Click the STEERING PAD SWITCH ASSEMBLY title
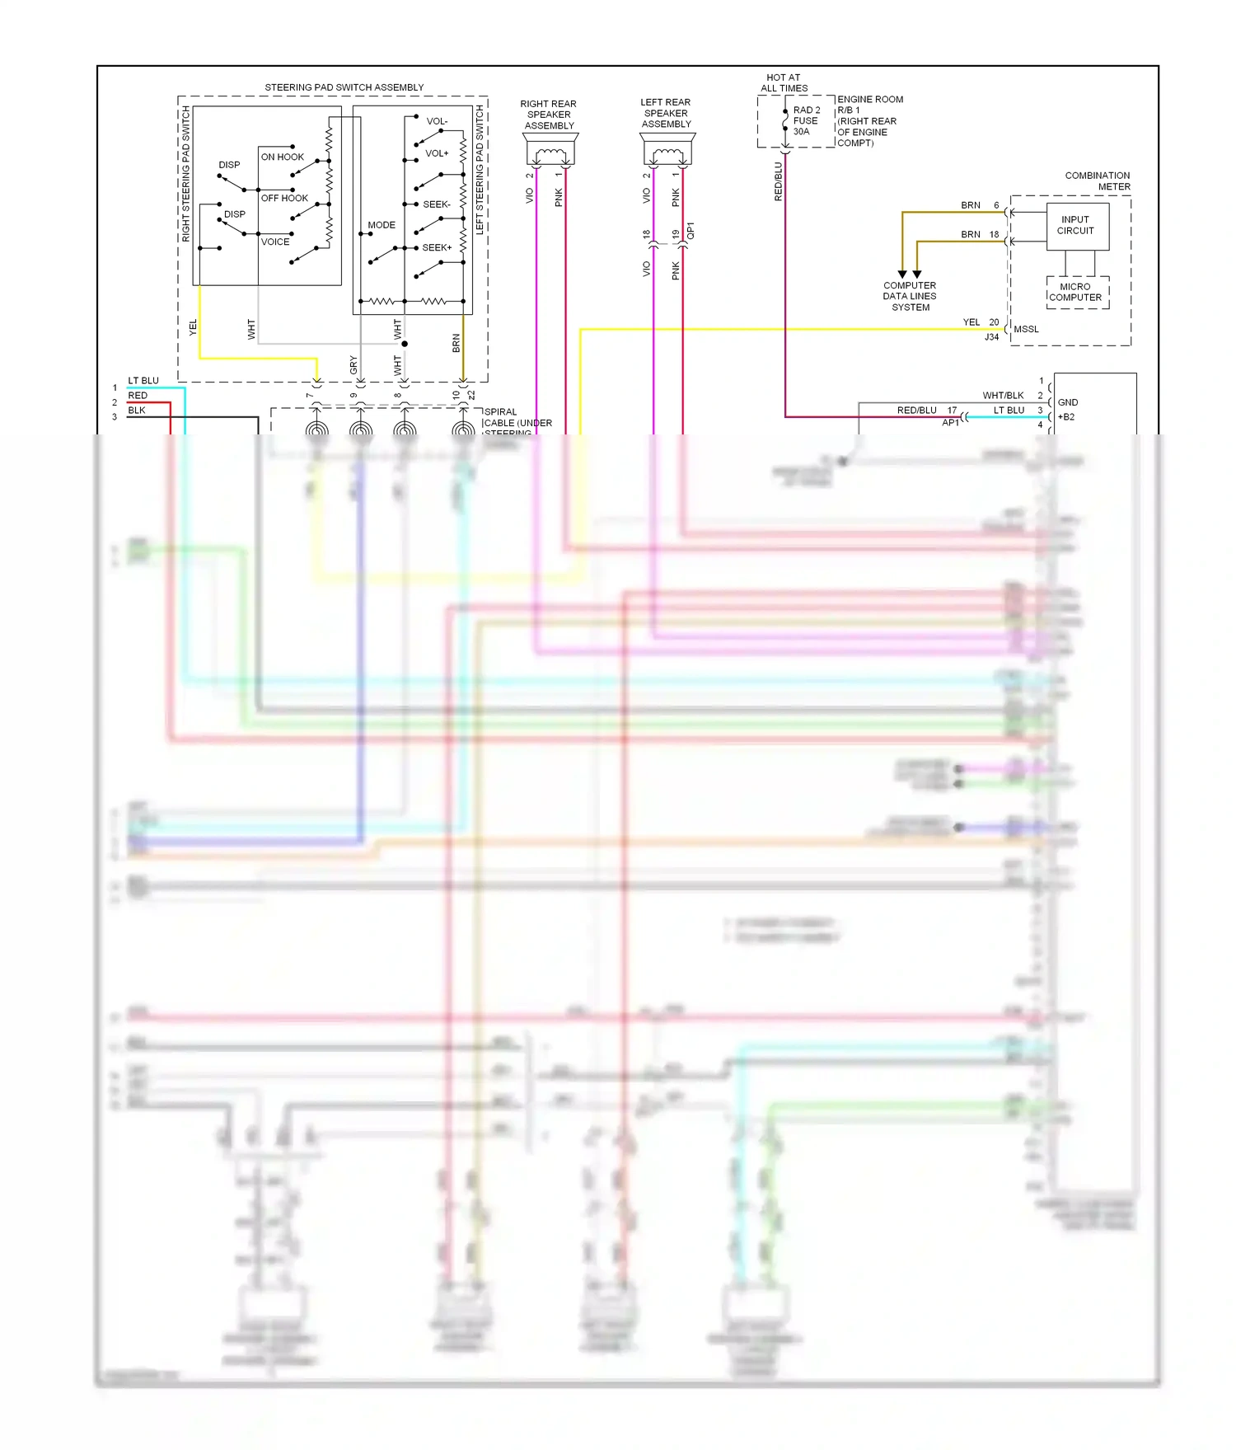coord(344,87)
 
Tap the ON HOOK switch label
coord(282,157)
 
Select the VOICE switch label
coord(275,242)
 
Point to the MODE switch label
coord(381,225)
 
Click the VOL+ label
coord(437,153)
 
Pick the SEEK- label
coord(436,204)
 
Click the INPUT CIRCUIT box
coord(1077,226)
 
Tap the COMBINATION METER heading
coord(1098,181)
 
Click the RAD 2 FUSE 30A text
coord(805,120)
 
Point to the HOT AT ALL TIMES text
coord(783,82)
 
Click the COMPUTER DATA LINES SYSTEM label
coord(910,297)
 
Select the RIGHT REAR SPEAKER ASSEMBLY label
coord(549,115)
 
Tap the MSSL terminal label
coord(1026,329)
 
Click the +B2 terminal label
coord(1066,417)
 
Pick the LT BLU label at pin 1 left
coord(143,381)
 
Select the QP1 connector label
coord(691,231)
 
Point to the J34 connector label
coord(991,337)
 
